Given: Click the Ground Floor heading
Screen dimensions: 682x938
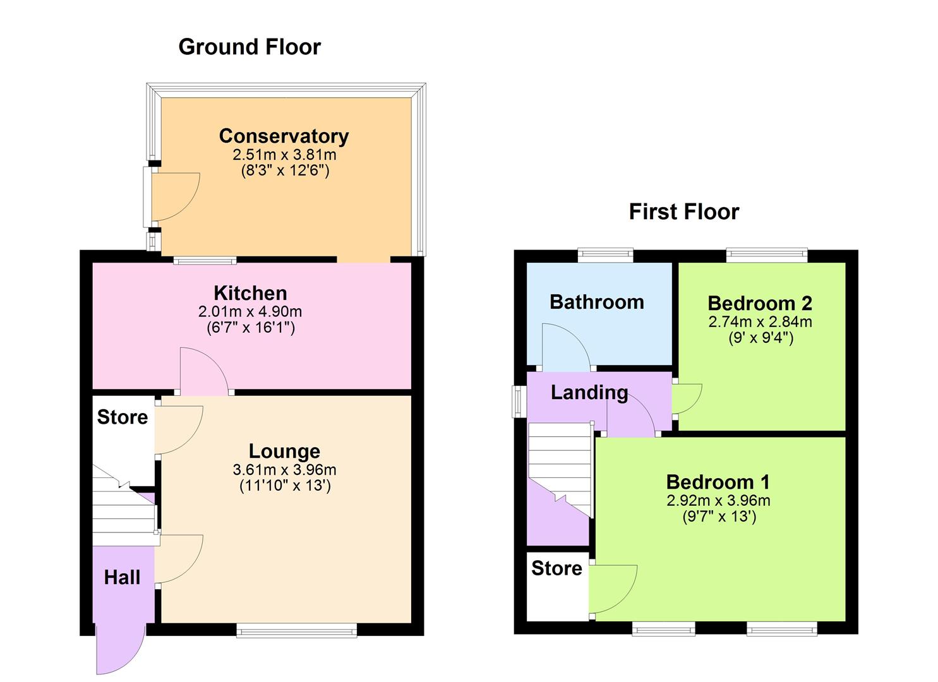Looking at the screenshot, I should coord(250,47).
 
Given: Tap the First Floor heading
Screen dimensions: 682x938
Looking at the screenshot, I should coord(683,212).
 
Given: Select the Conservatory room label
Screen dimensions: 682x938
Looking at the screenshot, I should coord(284,136).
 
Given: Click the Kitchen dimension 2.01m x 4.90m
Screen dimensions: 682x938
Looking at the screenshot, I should coord(250,311).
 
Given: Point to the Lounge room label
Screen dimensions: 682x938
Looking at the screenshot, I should coord(284,451).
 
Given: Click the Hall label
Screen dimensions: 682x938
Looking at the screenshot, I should coord(122,577).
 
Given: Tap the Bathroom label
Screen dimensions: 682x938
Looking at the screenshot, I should coord(596,302).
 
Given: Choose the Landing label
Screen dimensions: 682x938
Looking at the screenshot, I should coord(589,392).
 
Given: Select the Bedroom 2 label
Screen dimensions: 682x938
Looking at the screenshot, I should coord(760,303).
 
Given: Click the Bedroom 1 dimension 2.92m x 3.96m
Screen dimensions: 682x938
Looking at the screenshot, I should coord(718,501).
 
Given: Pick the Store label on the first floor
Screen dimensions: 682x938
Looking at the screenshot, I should coord(556,568).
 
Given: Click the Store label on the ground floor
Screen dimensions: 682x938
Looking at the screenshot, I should coord(123,417).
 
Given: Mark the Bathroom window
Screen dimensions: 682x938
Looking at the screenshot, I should coord(605,255).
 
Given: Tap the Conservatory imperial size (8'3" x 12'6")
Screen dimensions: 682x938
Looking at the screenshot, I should coord(285,170).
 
